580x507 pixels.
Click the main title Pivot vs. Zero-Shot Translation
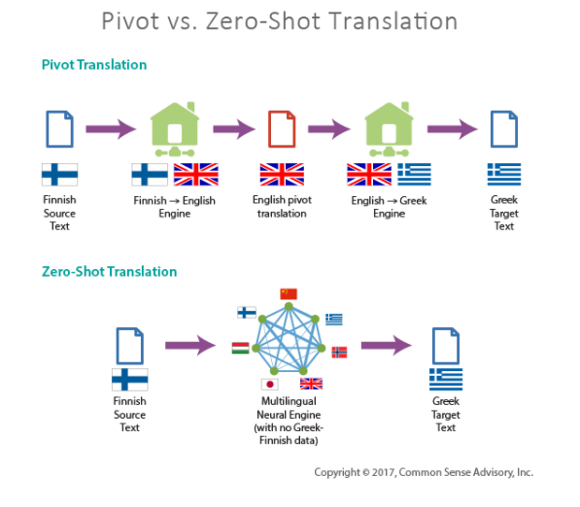coord(290,21)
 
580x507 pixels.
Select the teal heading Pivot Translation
coord(94,65)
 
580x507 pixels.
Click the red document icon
coord(281,128)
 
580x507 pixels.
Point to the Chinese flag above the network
coord(289,293)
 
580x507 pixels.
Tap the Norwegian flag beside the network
coord(339,351)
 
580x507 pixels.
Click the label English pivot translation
coord(282,207)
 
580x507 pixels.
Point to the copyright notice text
coord(424,472)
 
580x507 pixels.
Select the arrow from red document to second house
coord(328,128)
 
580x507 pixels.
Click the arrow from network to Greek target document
coord(386,344)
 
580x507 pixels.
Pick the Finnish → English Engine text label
coord(175,207)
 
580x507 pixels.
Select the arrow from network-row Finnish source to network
coord(189,344)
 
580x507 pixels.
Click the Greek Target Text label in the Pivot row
coord(503,213)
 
